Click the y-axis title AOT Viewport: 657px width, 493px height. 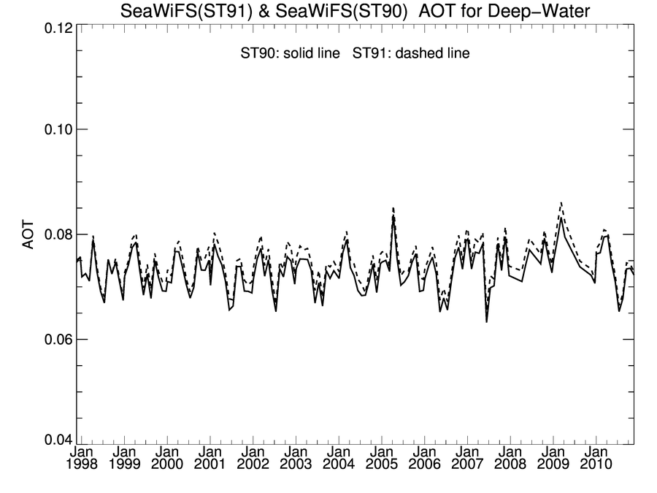click(x=28, y=234)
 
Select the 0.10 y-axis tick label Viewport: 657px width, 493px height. click(x=54, y=129)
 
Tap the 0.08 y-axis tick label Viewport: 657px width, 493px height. click(x=54, y=234)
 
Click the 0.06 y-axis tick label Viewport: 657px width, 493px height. click(x=54, y=340)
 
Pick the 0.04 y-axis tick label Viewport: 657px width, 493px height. click(x=54, y=441)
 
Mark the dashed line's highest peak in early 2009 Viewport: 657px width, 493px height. click(x=561, y=202)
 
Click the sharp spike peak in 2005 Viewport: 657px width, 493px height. click(x=393, y=208)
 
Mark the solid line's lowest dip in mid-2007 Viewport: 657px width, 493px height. click(x=486, y=321)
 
